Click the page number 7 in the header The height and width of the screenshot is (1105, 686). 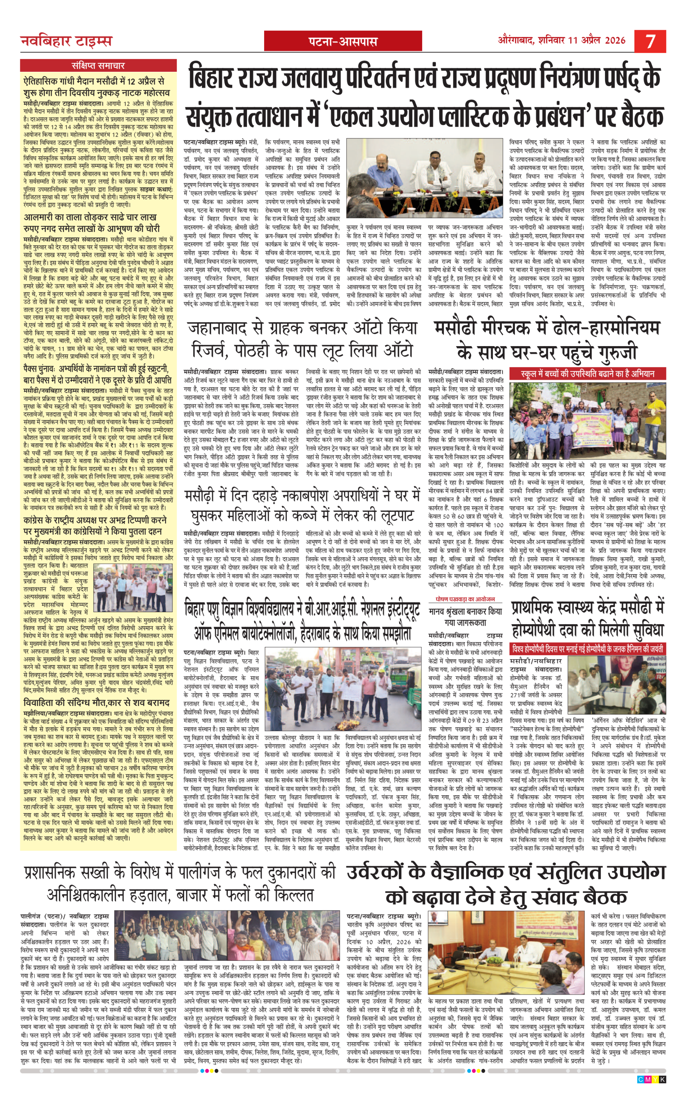650,41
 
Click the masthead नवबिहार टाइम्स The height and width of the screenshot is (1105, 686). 66,41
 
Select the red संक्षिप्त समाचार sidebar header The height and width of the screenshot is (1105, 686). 98,65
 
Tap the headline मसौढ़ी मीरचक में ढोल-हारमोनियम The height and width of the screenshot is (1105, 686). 547,340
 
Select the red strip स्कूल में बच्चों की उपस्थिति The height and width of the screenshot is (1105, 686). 588,374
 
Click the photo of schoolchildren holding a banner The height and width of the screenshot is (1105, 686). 588,421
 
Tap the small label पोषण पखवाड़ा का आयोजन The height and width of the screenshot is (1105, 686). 465,599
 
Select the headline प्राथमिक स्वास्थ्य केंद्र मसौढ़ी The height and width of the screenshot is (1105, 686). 588,620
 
